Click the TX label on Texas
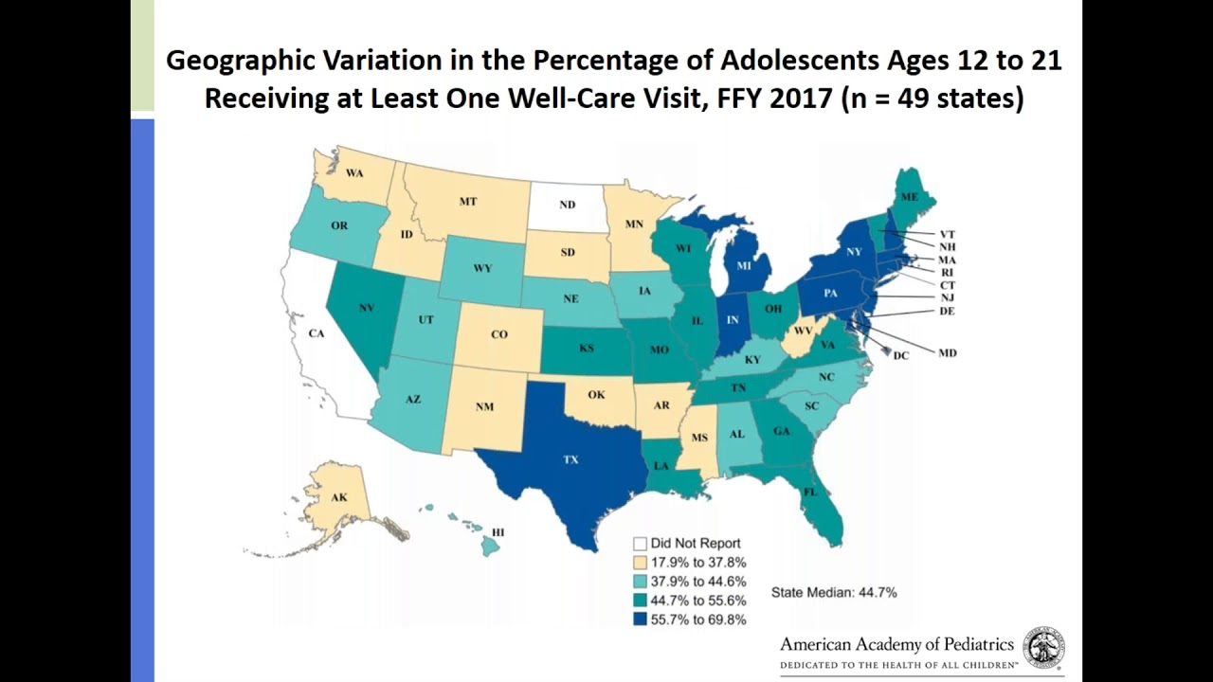(570, 459)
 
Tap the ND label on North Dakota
(567, 205)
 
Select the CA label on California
(317, 333)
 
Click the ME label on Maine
(909, 197)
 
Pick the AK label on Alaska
(338, 497)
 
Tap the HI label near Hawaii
(498, 533)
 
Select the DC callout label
(900, 355)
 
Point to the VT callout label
(947, 234)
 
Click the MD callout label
(947, 352)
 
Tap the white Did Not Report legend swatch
(641, 544)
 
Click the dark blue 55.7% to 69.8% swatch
(641, 620)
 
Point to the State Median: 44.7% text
(834, 593)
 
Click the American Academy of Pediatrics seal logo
(1043, 647)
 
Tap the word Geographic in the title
(252, 62)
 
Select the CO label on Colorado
(498, 334)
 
